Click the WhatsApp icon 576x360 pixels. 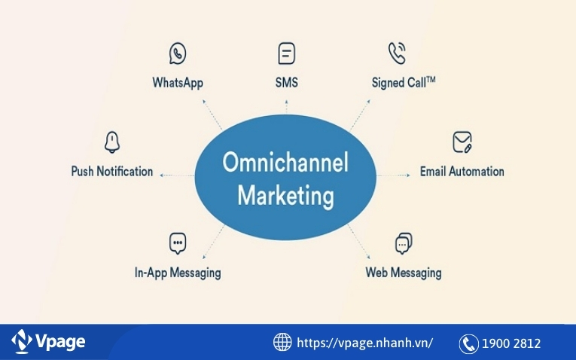tap(178, 54)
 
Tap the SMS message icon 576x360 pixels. tap(286, 54)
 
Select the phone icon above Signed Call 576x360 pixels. tap(397, 53)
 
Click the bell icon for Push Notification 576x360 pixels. tap(112, 142)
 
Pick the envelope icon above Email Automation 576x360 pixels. tap(462, 142)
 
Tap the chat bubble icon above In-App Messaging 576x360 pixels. tap(178, 243)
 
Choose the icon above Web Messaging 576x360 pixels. tap(404, 243)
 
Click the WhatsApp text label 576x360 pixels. tap(178, 82)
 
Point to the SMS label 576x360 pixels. tap(286, 82)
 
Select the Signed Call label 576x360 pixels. tap(404, 82)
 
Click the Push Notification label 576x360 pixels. tap(112, 171)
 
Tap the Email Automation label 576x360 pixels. tap(462, 171)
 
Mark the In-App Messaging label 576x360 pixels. tap(178, 273)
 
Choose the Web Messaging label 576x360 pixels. tap(404, 273)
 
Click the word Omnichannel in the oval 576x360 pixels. tap(285, 163)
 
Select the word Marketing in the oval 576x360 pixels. tap(285, 196)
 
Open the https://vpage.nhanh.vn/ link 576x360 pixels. tap(365, 343)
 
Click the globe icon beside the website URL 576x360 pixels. tap(282, 342)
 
